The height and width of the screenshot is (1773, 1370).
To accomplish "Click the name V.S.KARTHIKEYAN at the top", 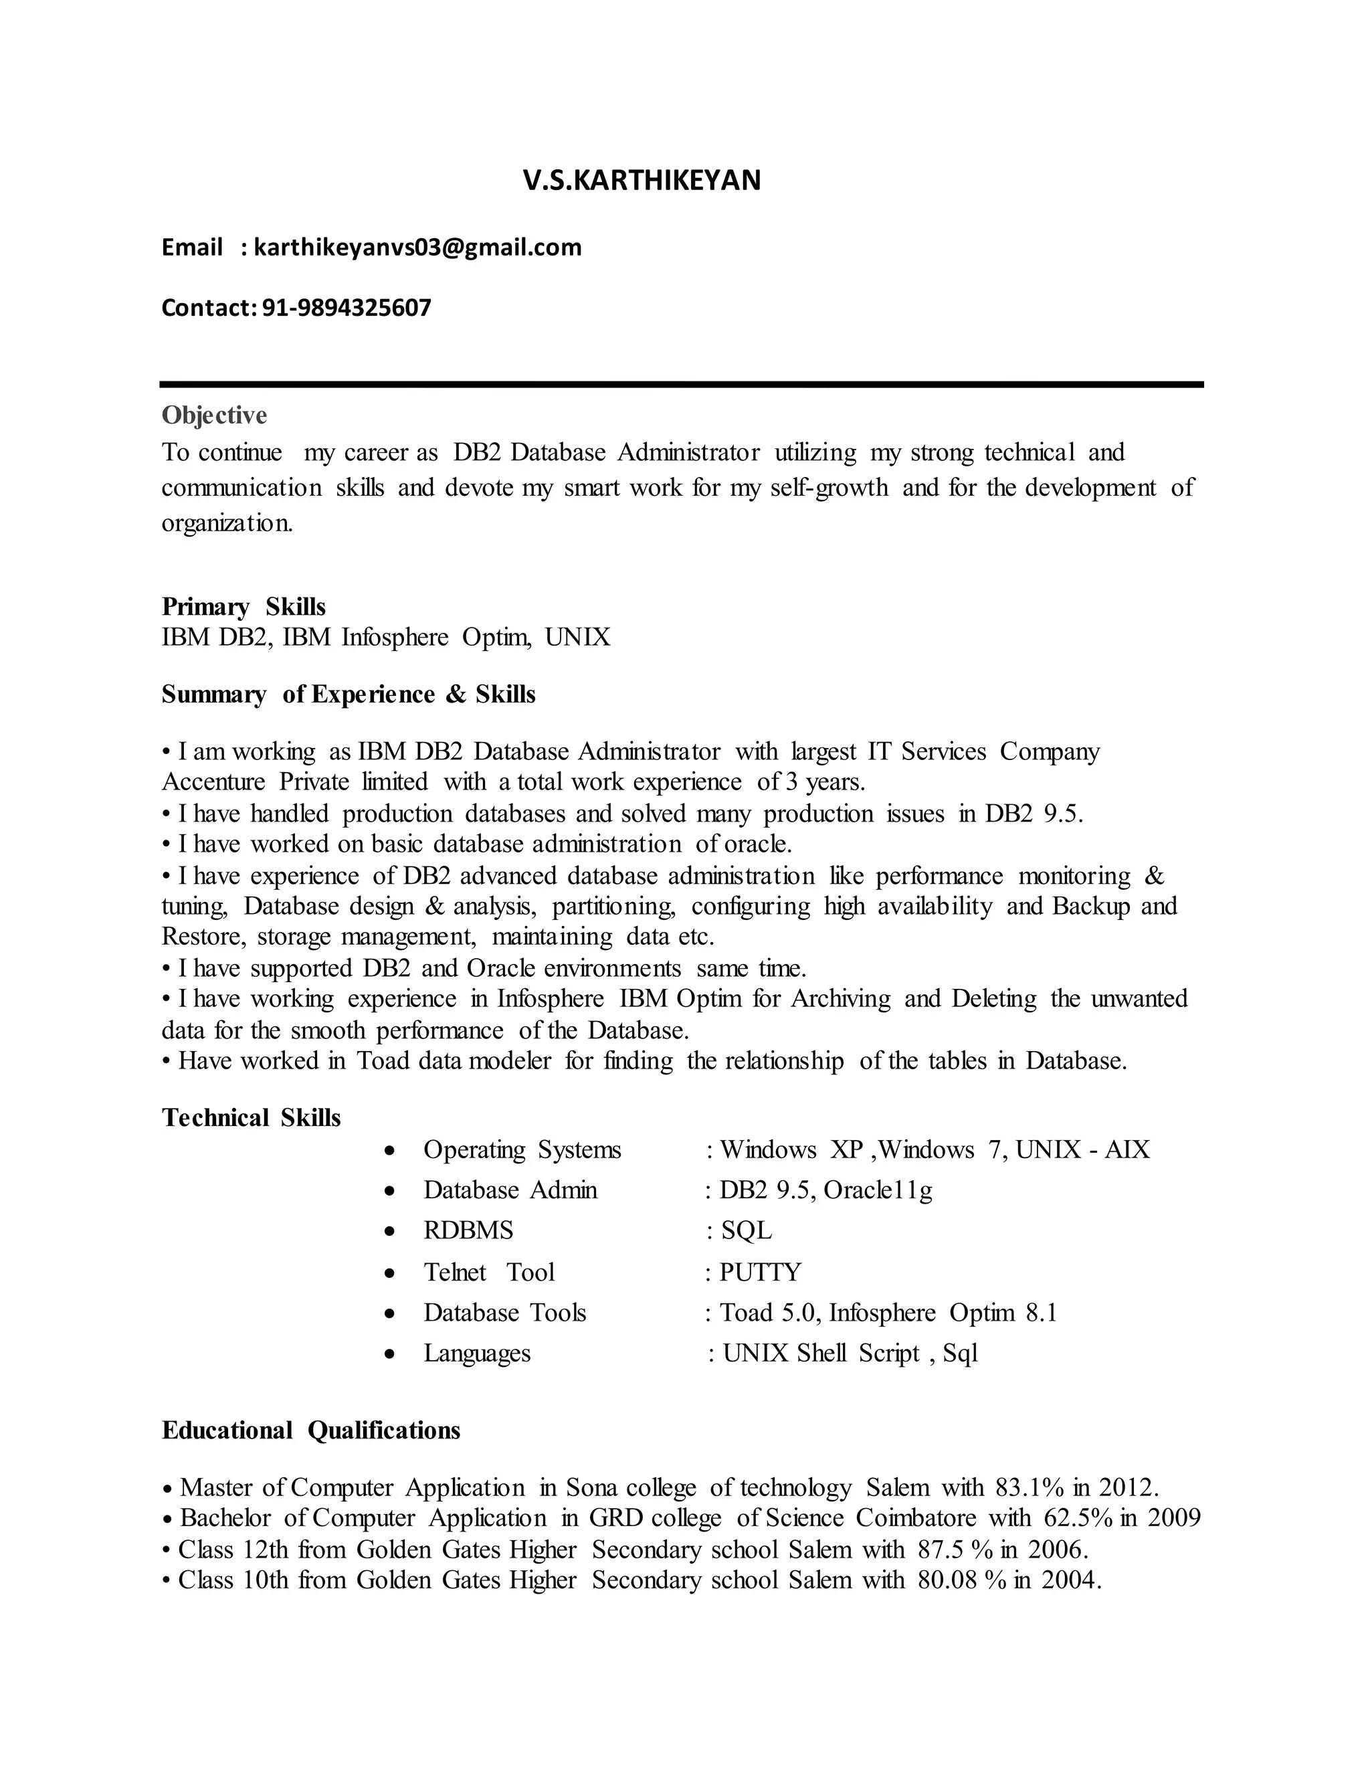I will tap(641, 180).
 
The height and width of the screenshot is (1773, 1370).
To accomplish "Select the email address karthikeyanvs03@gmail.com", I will tap(417, 247).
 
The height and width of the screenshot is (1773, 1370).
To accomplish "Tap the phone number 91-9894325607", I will tap(347, 308).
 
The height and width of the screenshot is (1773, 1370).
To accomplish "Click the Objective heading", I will tap(214, 415).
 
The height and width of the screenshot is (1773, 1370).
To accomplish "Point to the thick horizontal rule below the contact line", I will tap(682, 384).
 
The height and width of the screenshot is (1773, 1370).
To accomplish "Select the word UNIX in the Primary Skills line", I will tap(577, 637).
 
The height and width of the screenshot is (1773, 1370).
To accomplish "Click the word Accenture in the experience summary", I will tap(213, 781).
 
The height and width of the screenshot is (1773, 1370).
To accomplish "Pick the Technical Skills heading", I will tap(251, 1118).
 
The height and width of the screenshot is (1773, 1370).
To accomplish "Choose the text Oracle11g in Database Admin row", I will tap(878, 1190).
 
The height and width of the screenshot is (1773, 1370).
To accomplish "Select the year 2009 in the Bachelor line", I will tap(1173, 1518).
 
